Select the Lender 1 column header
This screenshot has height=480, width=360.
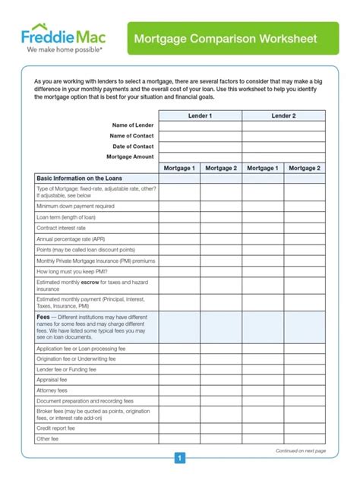201,115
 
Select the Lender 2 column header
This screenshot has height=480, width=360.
283,115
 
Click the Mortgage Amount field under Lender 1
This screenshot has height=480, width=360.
201,156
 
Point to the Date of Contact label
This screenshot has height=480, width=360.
133,146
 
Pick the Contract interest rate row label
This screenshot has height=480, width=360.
62,228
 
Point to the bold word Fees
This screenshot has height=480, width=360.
43,317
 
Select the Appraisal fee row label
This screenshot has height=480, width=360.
52,380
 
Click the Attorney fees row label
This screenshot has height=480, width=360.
52,390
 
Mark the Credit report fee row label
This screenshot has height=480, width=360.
56,428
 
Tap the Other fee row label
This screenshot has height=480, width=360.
49,438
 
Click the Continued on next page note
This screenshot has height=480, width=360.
300,450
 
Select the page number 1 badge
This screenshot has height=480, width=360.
180,458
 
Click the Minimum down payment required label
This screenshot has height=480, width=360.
75,206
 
